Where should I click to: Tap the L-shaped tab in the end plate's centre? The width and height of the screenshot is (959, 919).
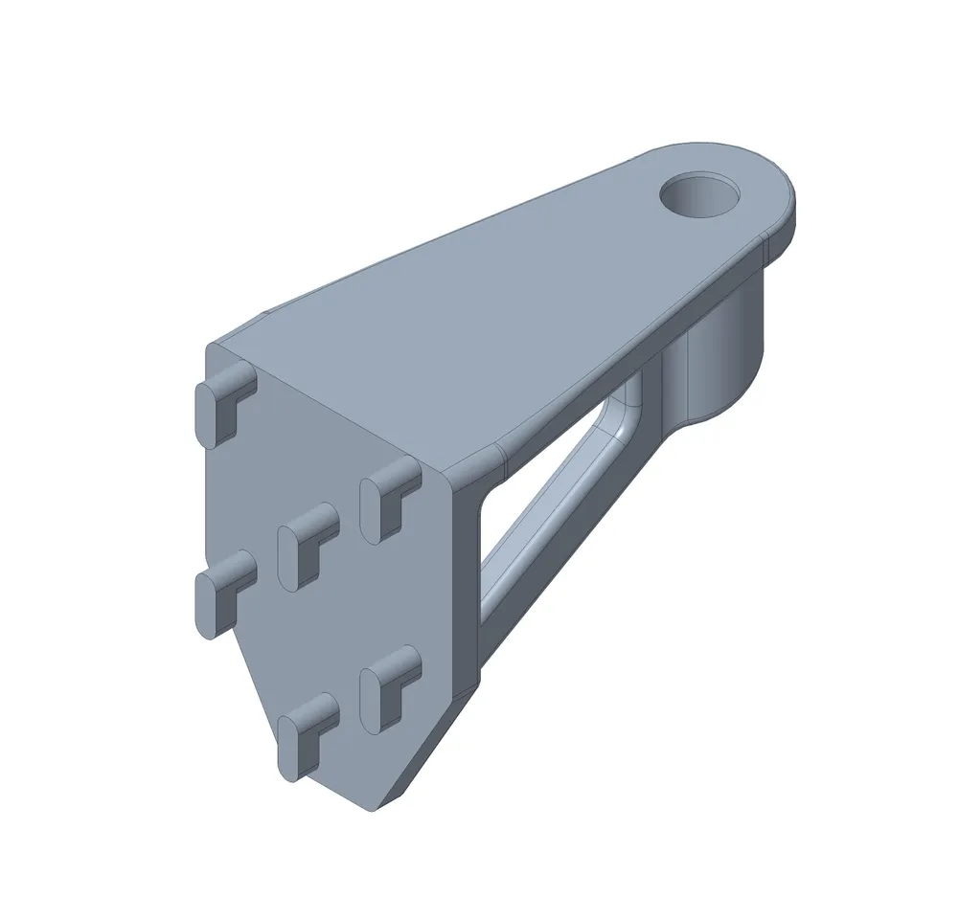point(306,542)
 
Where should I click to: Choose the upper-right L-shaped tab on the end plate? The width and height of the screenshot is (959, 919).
point(388,498)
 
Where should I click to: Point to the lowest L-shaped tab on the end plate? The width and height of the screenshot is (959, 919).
point(306,733)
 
